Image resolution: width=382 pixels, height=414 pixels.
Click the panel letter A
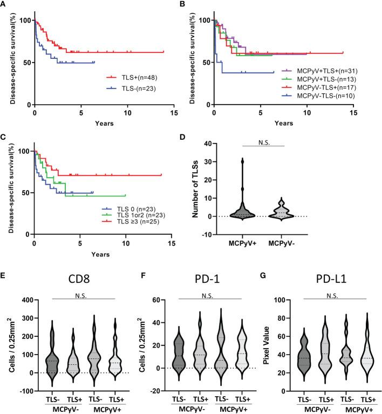pos(4,4)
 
